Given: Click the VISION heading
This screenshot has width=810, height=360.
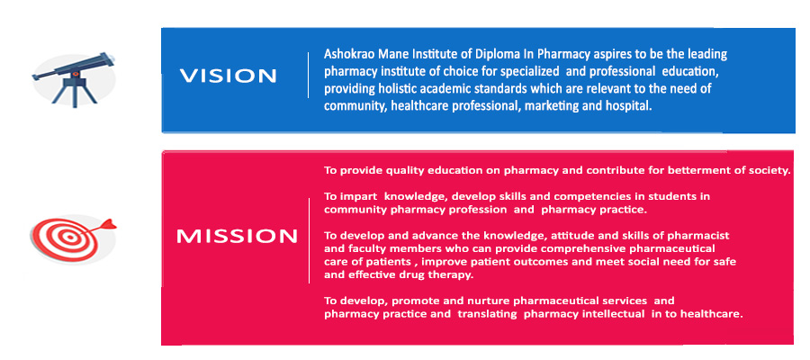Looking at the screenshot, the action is pos(228,76).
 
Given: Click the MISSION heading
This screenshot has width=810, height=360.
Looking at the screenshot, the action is pos(237,237).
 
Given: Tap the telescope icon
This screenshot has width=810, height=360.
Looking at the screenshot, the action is pos(74,79).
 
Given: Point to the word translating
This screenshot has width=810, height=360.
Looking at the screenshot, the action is pos(487,314).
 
